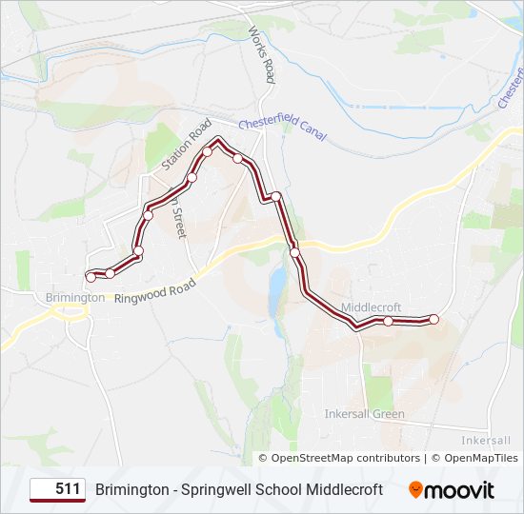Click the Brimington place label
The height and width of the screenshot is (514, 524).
tap(74, 298)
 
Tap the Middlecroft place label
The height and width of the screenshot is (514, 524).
tap(371, 307)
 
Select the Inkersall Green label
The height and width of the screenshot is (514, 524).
tap(364, 414)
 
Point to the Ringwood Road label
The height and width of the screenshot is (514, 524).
tap(154, 290)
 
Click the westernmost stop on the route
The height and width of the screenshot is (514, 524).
tap(91, 277)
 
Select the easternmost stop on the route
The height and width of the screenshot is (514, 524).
tap(434, 319)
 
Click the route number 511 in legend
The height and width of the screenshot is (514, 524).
tap(67, 489)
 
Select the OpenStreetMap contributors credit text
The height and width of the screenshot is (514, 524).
tap(346, 458)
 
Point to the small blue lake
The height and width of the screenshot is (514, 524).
tap(276, 283)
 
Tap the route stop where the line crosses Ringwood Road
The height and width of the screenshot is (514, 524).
tap(295, 252)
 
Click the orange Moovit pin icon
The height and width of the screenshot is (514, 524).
tap(416, 490)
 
